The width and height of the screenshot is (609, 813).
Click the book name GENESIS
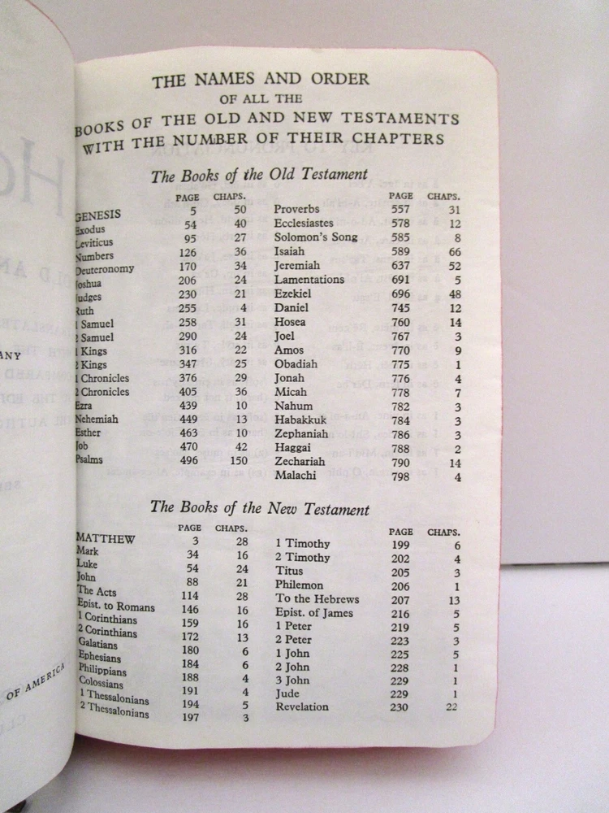(x=98, y=215)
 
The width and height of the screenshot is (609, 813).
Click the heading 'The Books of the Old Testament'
(x=259, y=175)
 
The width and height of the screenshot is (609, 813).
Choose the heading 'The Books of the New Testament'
(x=260, y=509)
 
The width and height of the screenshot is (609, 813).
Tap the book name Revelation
(x=302, y=706)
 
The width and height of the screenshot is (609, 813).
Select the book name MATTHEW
(x=106, y=537)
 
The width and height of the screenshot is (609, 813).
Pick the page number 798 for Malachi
(x=400, y=476)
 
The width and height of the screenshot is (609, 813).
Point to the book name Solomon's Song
(x=315, y=237)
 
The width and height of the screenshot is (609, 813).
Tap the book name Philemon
(x=299, y=585)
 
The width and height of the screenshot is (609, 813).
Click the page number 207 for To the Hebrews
(x=400, y=599)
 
